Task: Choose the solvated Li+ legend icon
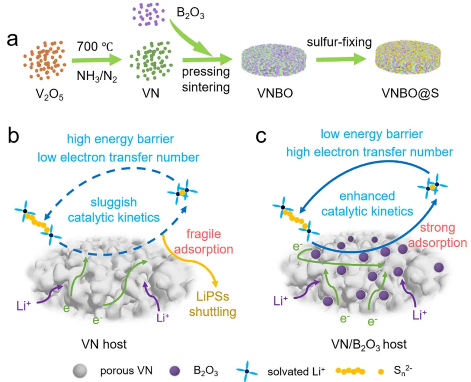point(245,372)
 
